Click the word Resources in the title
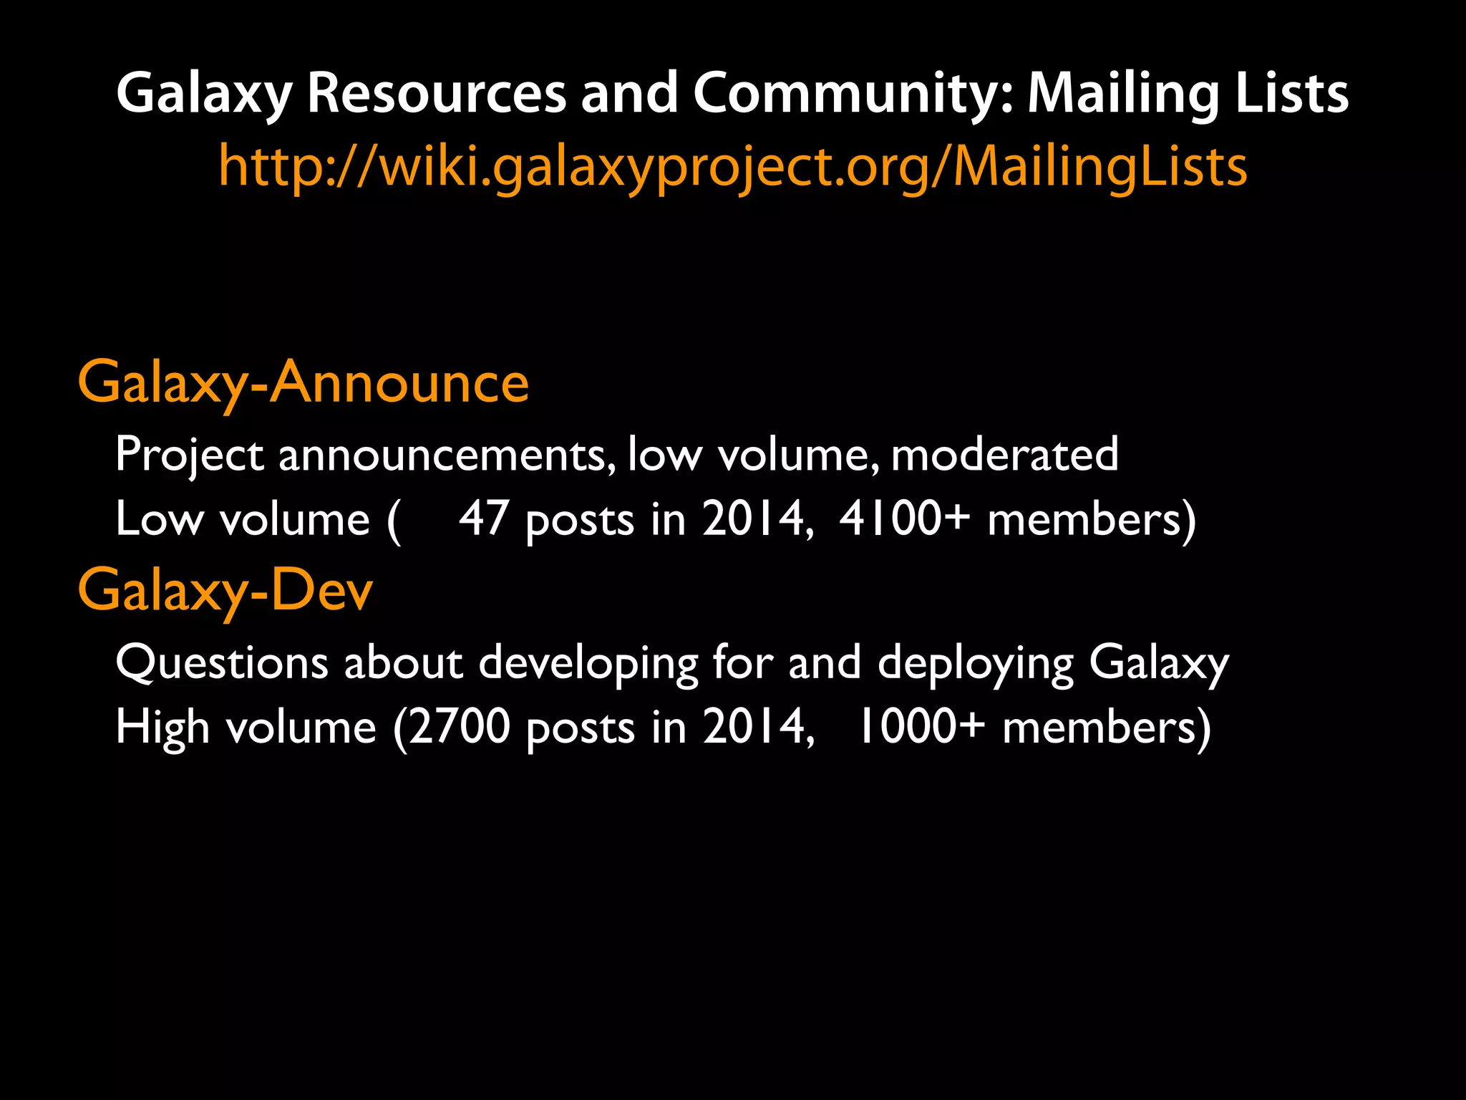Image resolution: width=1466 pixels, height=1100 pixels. tap(437, 94)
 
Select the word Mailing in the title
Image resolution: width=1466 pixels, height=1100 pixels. tap(1122, 94)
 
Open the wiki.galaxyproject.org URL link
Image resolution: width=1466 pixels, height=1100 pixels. tap(733, 167)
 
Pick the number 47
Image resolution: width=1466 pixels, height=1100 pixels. tap(483, 518)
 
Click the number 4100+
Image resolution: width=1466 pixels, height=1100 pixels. tap(904, 518)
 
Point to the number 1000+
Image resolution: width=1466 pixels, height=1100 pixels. tap(921, 726)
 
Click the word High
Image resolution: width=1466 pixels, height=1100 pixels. tap(162, 726)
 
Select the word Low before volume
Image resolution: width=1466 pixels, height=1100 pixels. tap(160, 518)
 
